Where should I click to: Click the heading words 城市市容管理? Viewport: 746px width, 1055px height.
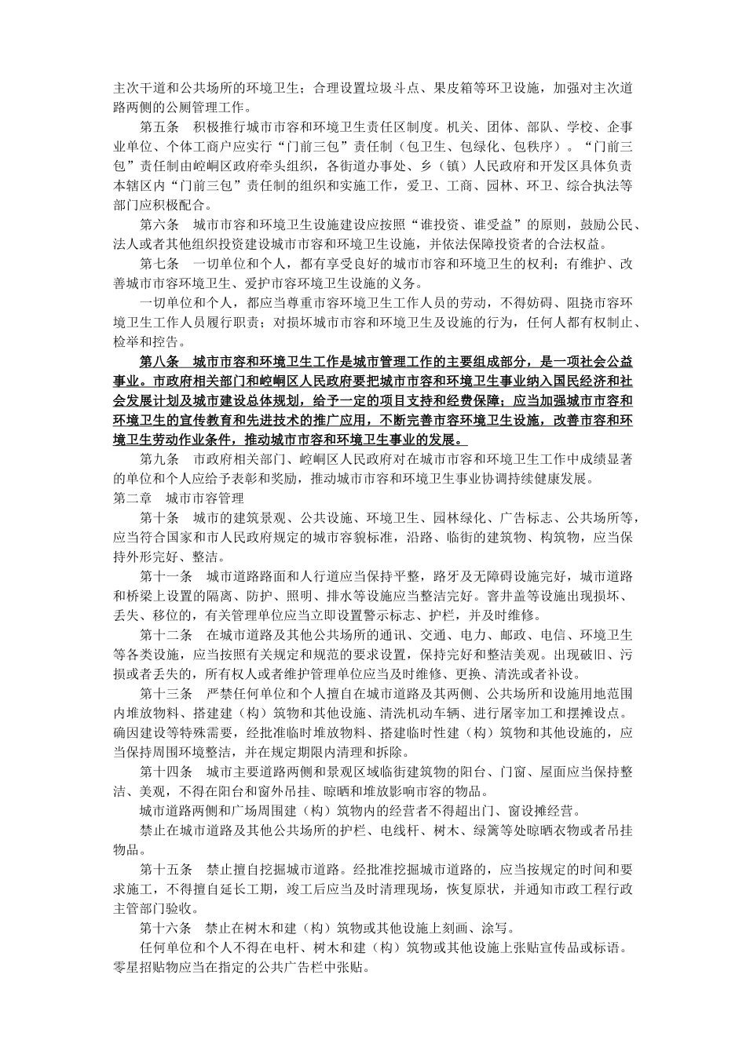pyautogui.click(x=205, y=498)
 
